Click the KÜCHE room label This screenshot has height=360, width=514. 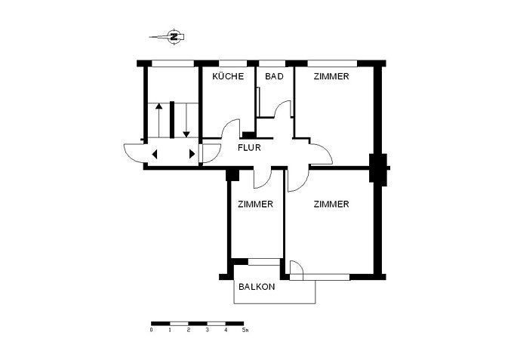point(228,76)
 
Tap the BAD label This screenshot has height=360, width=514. point(275,76)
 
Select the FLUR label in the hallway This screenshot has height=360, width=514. point(249,148)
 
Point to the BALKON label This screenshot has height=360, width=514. point(257,287)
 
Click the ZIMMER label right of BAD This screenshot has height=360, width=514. point(331,76)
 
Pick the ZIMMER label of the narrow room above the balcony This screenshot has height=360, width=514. point(255,205)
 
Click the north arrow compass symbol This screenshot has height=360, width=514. point(173,36)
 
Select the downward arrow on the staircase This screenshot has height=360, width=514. point(186,120)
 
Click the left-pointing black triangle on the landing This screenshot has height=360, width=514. point(155,154)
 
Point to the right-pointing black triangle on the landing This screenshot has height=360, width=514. point(192,154)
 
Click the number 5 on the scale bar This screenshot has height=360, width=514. point(244,330)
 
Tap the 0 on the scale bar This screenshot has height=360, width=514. point(151,330)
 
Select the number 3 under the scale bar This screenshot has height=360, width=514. point(207,330)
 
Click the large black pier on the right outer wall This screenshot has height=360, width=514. point(378,168)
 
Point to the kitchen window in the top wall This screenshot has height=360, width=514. point(232,63)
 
